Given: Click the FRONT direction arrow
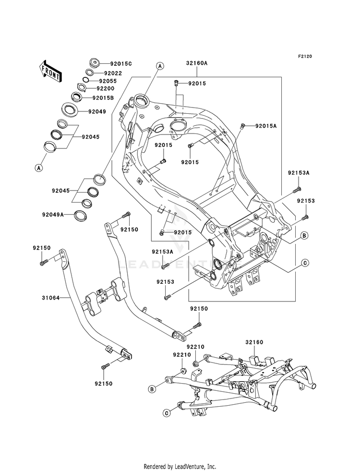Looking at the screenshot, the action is pos(50,71).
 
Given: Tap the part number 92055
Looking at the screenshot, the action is pos(108,81).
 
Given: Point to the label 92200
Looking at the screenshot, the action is pos(106,89).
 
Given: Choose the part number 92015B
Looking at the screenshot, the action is pos(103,97).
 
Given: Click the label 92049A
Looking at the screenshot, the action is pos(53,215).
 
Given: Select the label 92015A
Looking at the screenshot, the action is pos(266,126).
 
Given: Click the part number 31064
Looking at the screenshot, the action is pos(50,298).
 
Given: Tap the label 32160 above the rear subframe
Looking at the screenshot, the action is pos(254,342).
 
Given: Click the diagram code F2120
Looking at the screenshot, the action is pos(305,56).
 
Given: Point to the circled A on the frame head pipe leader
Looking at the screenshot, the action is pos(160,66).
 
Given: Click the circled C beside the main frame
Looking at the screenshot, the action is pos(304,263).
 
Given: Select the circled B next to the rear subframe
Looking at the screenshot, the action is pos(152,389).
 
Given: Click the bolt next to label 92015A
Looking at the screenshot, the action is pos(243,126).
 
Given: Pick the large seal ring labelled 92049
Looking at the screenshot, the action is pos(70,109).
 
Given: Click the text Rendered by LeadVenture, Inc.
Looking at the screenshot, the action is pos(180,467).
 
